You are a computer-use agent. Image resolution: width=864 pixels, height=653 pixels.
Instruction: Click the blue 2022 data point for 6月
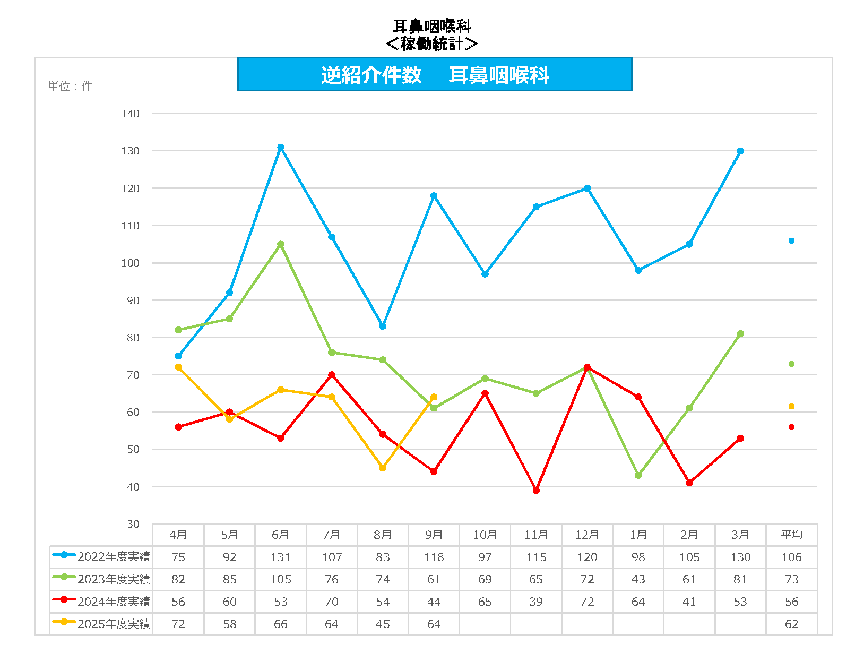281,148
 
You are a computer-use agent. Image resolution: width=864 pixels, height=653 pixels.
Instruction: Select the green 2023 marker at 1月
638,475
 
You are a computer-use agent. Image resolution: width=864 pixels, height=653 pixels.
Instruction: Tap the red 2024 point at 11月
536,490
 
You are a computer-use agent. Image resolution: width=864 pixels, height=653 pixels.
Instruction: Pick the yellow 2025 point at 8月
383,468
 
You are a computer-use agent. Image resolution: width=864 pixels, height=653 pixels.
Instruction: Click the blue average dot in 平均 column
791,241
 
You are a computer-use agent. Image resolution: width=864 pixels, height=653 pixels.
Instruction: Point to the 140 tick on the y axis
130,114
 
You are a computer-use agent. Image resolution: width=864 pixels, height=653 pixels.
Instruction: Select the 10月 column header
485,535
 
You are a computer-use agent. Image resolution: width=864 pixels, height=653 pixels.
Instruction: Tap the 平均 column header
791,535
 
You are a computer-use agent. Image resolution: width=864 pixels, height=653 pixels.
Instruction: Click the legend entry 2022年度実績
114,556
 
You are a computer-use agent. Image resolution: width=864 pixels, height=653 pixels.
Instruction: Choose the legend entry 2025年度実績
114,624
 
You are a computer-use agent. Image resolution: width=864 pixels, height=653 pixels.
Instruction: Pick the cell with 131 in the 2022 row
281,557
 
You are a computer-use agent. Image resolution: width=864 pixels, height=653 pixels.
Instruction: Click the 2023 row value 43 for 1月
638,579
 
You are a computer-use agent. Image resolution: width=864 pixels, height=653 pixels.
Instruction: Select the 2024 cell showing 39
536,602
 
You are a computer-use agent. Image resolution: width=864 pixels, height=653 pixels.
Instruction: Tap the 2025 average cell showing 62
791,624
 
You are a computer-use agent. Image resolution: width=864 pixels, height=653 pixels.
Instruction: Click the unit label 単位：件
70,86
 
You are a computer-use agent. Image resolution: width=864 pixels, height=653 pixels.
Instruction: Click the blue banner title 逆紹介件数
371,75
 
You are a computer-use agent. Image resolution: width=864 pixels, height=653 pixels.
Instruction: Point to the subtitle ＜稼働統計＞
431,44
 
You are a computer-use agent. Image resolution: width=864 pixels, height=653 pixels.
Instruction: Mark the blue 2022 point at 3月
740,151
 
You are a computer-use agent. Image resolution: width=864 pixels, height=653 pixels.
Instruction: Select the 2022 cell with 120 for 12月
587,557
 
